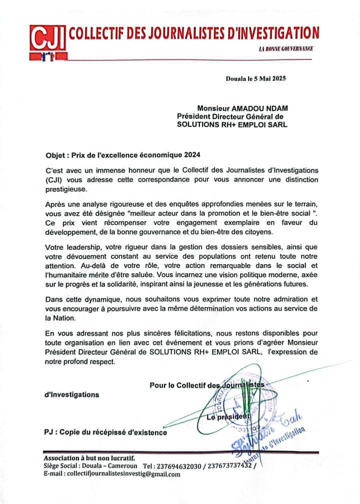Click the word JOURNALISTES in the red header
point(165,34)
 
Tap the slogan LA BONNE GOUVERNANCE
point(285,49)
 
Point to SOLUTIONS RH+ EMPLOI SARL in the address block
point(232,125)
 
